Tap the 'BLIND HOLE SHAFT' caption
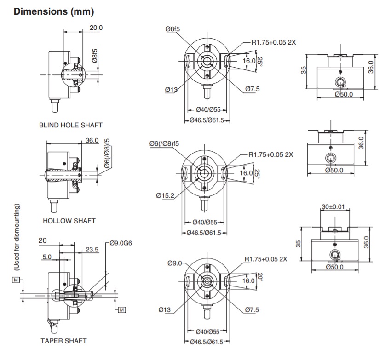[x=70, y=125]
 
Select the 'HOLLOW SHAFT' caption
[x=69, y=221]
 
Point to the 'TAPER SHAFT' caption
[x=63, y=341]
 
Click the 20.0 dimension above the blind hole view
[x=96, y=28]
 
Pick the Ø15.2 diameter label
[x=165, y=196]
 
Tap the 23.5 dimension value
[x=92, y=250]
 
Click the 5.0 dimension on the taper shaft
[x=47, y=257]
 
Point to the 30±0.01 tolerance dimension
[x=333, y=208]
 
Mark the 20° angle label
[x=259, y=278]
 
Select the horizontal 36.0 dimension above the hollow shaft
[x=92, y=141]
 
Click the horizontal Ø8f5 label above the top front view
[x=172, y=29]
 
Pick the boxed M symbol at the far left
[x=16, y=280]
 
